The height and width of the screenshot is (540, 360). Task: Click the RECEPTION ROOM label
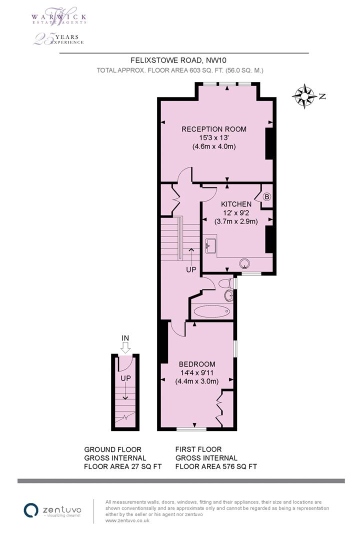213,129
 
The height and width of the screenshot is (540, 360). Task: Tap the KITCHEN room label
236,204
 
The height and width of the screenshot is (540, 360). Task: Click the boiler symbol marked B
266,197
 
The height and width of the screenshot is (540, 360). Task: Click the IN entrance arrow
125,344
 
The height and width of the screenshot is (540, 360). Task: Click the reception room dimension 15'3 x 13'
213,138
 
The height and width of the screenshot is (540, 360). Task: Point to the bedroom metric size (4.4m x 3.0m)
197,381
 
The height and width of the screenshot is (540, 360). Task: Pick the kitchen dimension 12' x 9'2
236,212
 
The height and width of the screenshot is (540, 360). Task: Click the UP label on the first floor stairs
191,269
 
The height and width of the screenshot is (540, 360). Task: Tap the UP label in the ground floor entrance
125,378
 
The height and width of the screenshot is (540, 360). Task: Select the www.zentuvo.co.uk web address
127,520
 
